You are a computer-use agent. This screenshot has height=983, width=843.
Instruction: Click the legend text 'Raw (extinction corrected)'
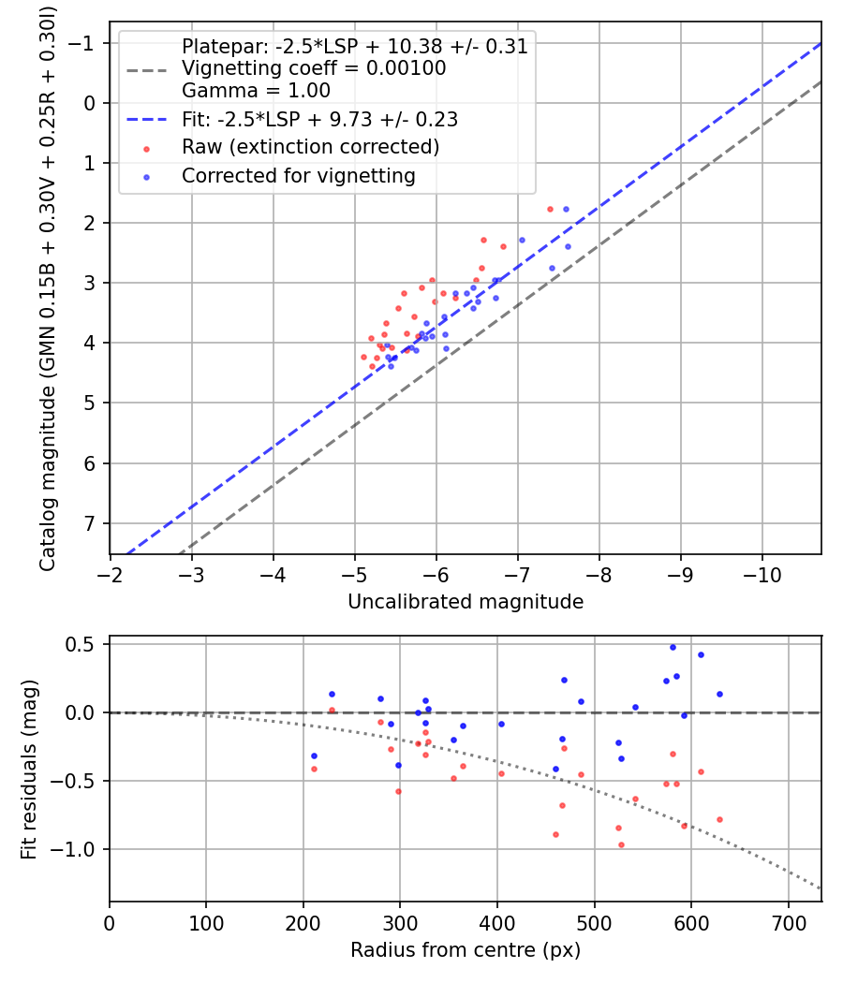click(310, 147)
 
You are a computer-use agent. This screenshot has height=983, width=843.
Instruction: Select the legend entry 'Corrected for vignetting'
click(299, 176)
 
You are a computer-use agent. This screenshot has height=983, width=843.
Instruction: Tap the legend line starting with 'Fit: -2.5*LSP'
click(320, 119)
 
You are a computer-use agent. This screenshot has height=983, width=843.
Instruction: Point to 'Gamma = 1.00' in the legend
click(256, 90)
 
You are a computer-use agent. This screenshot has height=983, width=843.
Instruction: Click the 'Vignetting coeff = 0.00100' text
click(314, 68)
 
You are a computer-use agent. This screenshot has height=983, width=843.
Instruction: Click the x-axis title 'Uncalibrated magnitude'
click(466, 601)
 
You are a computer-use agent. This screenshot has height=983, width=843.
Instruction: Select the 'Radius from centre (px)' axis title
click(466, 950)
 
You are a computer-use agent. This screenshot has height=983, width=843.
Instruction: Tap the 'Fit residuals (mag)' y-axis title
click(29, 770)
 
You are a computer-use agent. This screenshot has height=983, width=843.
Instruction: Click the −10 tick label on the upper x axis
click(762, 575)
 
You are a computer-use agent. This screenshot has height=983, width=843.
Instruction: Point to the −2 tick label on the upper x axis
click(110, 575)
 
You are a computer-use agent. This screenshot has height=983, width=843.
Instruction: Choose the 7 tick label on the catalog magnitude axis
click(89, 523)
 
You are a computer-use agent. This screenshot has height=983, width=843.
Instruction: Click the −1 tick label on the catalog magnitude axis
click(81, 43)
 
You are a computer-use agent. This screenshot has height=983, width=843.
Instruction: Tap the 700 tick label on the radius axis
click(789, 923)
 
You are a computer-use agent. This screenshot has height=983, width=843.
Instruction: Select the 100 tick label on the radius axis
click(206, 923)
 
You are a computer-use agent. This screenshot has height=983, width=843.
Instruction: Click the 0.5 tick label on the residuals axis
click(80, 644)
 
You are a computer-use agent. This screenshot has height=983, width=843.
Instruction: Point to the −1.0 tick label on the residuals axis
click(73, 849)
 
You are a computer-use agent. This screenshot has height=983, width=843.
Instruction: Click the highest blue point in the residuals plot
click(673, 648)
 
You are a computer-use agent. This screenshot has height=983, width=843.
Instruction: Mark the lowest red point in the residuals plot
click(622, 845)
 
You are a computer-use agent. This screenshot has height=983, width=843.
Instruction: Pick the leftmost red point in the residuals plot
click(314, 770)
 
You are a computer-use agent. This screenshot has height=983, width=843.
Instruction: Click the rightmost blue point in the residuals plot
click(719, 694)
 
